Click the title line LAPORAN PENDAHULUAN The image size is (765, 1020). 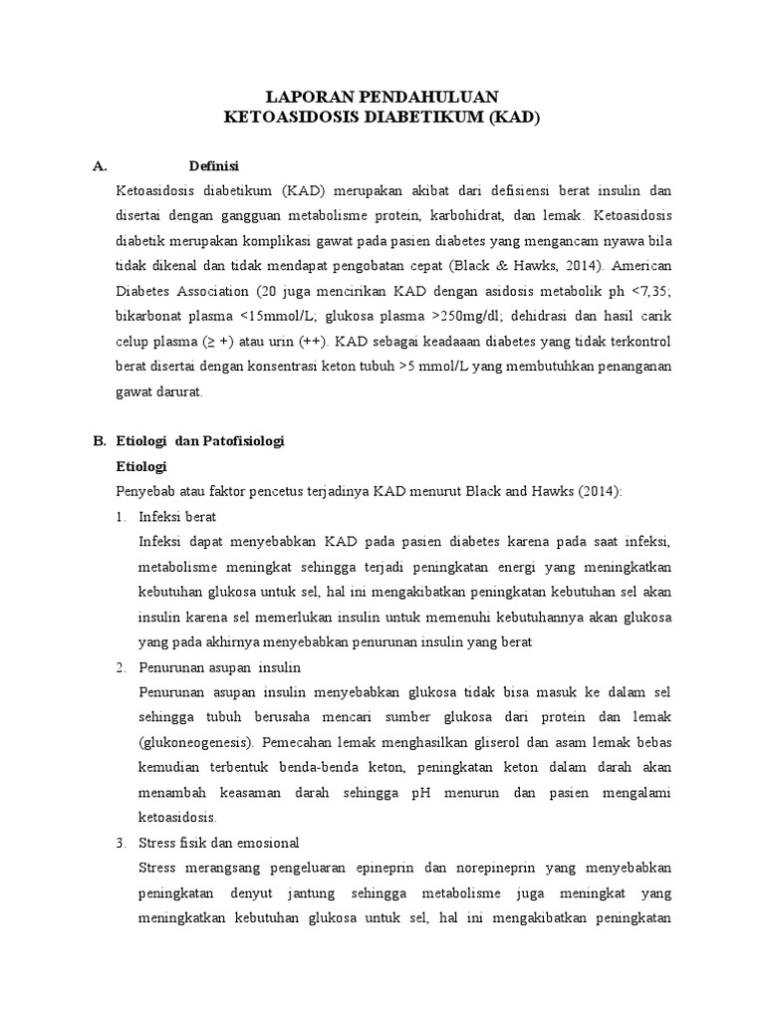[x=382, y=97]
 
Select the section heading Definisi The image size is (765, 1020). [x=214, y=165]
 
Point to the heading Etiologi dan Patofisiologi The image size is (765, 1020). [x=201, y=441]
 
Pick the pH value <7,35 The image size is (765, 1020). [x=648, y=292]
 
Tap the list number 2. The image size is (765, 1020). [x=121, y=667]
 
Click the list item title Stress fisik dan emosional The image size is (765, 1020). [x=219, y=843]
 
